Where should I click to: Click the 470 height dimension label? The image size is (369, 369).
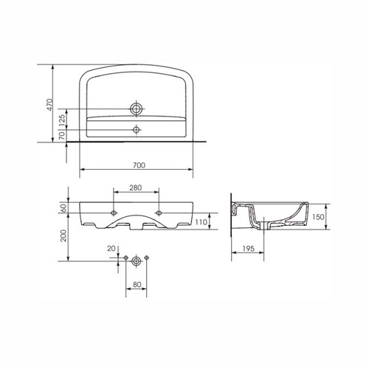point(50,105)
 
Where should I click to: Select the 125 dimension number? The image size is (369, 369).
point(62,121)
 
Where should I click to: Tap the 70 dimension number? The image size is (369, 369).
point(62,135)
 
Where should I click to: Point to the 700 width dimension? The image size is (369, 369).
point(139,165)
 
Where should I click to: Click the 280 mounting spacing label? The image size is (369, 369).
point(136,187)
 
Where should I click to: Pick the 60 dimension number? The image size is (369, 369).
point(63,208)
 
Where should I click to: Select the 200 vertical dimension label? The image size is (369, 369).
point(63,235)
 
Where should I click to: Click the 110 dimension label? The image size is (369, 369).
point(201,222)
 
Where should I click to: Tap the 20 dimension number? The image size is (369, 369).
point(111,249)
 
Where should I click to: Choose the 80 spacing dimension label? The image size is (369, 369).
point(137,284)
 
